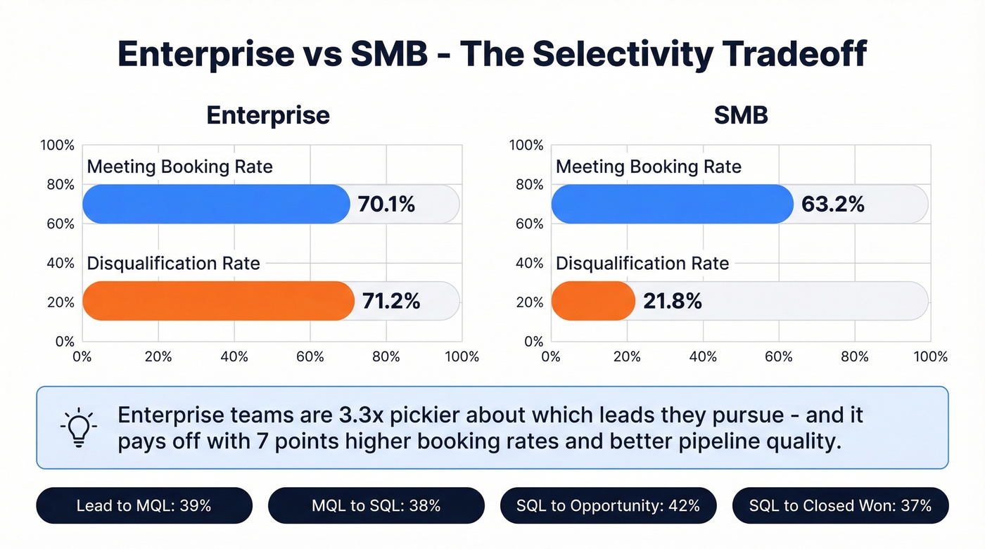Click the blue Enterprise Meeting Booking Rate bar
point(215,205)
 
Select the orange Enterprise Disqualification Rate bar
point(218,301)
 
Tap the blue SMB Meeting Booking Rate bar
point(671,205)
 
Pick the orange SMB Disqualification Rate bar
point(592,301)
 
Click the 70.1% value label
point(386,205)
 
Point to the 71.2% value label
point(390,302)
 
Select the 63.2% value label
point(832,205)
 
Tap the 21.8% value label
point(672,302)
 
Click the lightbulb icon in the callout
point(78,427)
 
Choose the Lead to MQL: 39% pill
point(144,505)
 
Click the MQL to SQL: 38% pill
point(376,505)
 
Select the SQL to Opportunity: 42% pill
point(608,505)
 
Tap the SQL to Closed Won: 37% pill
point(840,505)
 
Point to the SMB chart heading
point(740,115)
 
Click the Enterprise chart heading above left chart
point(268,115)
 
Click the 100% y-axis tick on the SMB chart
point(526,146)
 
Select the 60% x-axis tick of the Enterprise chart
point(310,357)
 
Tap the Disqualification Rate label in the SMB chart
point(642,264)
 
